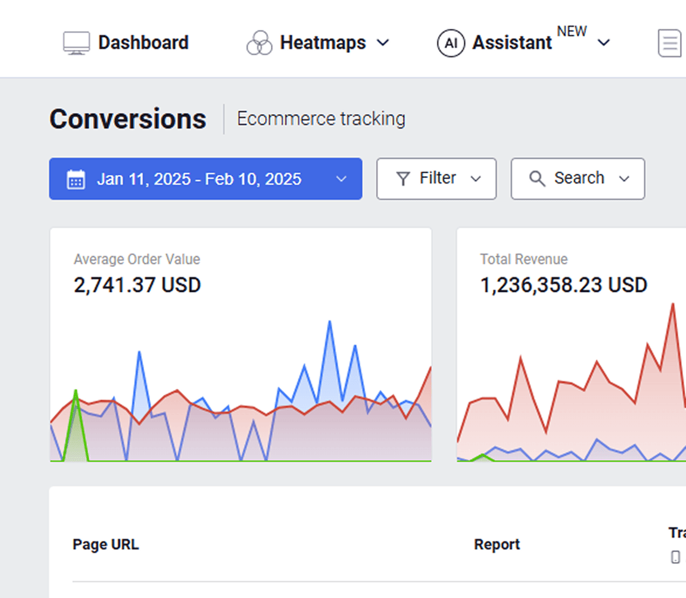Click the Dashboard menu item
(143, 43)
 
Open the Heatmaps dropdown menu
(323, 43)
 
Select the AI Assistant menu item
(512, 43)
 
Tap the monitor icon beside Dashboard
(76, 43)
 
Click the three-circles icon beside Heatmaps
(260, 43)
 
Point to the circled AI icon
(451, 43)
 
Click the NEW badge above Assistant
(572, 32)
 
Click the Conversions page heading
(128, 119)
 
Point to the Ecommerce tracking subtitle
(321, 119)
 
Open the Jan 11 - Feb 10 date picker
(205, 179)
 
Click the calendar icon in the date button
(76, 179)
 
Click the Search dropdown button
(578, 178)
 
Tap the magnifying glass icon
(537, 179)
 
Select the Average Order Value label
(137, 259)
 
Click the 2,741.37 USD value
(138, 285)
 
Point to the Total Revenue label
(524, 259)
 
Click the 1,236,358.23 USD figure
(563, 285)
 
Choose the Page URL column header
(105, 544)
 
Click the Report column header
(497, 544)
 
